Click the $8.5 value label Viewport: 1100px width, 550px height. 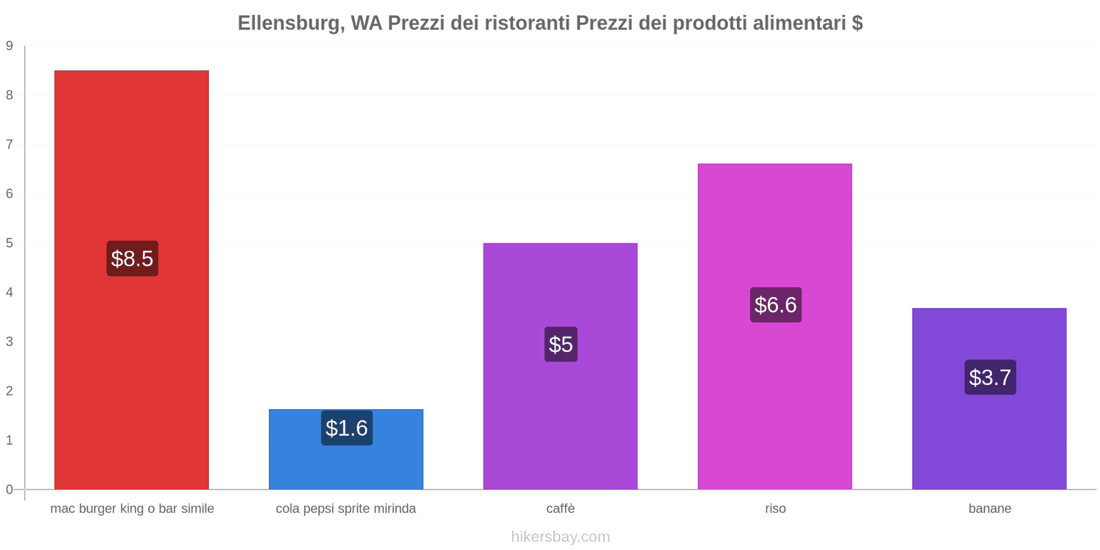click(x=132, y=258)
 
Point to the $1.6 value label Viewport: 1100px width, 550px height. click(x=346, y=428)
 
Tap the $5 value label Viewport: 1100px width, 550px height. click(x=561, y=344)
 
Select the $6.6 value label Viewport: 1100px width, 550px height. click(x=775, y=305)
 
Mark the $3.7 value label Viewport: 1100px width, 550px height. click(x=990, y=377)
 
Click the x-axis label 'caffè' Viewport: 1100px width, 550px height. click(x=560, y=509)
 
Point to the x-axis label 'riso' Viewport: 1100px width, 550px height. click(x=775, y=509)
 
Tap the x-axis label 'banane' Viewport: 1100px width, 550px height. click(x=989, y=509)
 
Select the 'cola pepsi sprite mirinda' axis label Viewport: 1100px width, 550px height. click(x=346, y=509)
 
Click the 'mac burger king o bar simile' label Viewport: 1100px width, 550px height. click(x=132, y=509)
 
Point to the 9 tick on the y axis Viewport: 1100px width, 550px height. click(x=10, y=46)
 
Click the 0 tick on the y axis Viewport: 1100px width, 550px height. click(x=10, y=489)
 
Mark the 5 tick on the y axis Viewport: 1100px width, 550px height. click(x=10, y=243)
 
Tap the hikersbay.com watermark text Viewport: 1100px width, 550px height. click(x=560, y=537)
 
